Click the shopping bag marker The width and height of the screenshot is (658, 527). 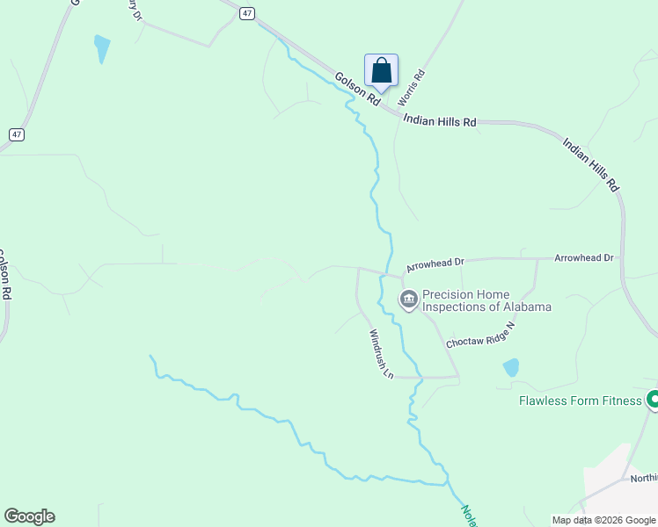381,71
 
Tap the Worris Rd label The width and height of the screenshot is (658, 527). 412,88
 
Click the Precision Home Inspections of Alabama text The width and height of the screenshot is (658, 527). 486,300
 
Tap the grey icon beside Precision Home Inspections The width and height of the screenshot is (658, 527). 409,300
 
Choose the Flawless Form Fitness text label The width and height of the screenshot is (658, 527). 581,401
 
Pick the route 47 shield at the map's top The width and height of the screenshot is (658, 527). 248,12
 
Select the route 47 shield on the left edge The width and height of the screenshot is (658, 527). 17,134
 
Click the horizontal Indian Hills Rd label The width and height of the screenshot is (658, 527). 439,121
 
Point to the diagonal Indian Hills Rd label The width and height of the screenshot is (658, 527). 591,164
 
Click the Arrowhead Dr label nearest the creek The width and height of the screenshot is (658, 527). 435,263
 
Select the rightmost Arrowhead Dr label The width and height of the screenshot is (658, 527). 583,257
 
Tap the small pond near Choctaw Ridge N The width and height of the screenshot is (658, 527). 510,367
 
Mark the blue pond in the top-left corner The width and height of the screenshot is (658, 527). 102,48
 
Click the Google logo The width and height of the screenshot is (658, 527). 29,516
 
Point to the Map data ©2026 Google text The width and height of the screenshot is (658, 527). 603,520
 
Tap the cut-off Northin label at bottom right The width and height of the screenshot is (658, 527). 643,479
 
